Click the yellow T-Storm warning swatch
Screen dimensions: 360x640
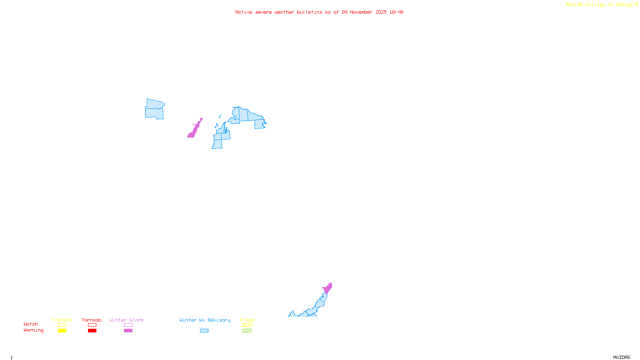[x=62, y=331]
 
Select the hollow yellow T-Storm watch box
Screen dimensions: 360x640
[x=62, y=325]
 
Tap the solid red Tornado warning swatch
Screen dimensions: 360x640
[x=92, y=331]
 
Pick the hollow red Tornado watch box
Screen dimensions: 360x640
[x=92, y=325]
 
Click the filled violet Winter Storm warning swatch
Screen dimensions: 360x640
[x=128, y=331]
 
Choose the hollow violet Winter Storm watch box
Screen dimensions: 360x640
[x=128, y=325]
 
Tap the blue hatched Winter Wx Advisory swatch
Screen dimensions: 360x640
[x=204, y=331]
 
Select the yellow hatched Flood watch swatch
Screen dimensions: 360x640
[x=247, y=325]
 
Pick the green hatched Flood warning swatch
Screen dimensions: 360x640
[x=247, y=331]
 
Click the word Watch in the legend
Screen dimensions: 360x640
[x=31, y=324]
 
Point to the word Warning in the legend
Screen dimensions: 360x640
[x=33, y=330]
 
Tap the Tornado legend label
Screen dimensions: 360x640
[x=92, y=320]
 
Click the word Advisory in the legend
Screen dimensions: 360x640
[x=219, y=320]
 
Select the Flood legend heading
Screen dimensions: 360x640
[x=247, y=320]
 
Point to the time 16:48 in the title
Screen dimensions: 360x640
[x=396, y=12]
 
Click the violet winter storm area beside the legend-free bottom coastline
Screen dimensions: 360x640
[x=328, y=288]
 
